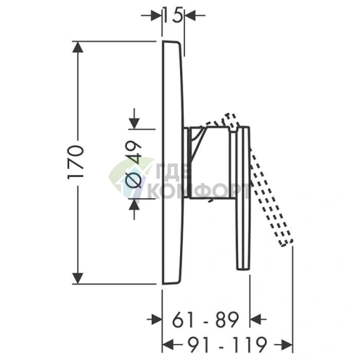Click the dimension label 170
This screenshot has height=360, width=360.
point(75,162)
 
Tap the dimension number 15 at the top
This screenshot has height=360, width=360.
point(173,15)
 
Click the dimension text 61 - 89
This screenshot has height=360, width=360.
point(205,319)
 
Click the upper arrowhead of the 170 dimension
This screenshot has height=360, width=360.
point(78,47)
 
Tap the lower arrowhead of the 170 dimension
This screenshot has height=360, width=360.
point(78,278)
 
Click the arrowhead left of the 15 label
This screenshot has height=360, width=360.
point(156,15)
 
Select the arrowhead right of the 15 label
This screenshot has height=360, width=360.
point(190,15)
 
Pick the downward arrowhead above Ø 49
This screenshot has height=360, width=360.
point(134,124)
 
